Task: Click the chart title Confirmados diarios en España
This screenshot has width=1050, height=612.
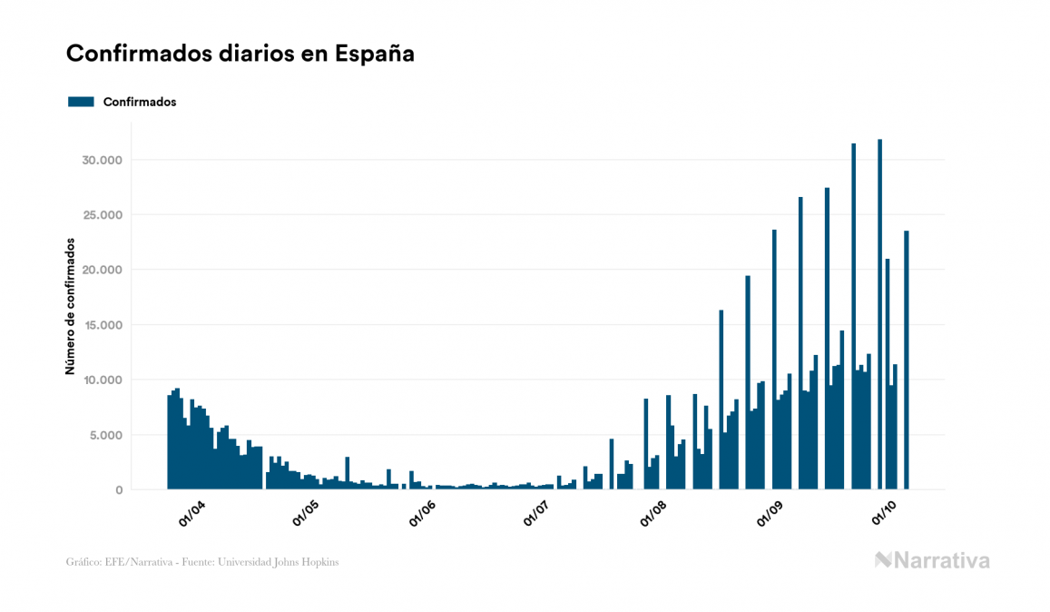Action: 240,54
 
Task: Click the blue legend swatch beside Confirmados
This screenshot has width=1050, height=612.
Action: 81,102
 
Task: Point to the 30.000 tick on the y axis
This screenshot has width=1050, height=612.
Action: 102,161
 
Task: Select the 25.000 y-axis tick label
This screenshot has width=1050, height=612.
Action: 102,215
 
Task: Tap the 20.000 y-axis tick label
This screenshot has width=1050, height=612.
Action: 102,271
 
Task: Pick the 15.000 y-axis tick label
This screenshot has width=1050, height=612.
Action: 102,325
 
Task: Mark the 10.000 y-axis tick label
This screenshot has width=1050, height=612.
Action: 102,380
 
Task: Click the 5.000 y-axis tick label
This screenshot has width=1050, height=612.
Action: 104,435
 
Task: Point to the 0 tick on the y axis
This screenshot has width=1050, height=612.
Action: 118,490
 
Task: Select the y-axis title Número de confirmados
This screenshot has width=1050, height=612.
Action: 70,306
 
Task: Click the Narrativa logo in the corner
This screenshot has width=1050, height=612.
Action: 932,560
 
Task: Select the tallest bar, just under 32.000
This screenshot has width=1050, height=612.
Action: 879,314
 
